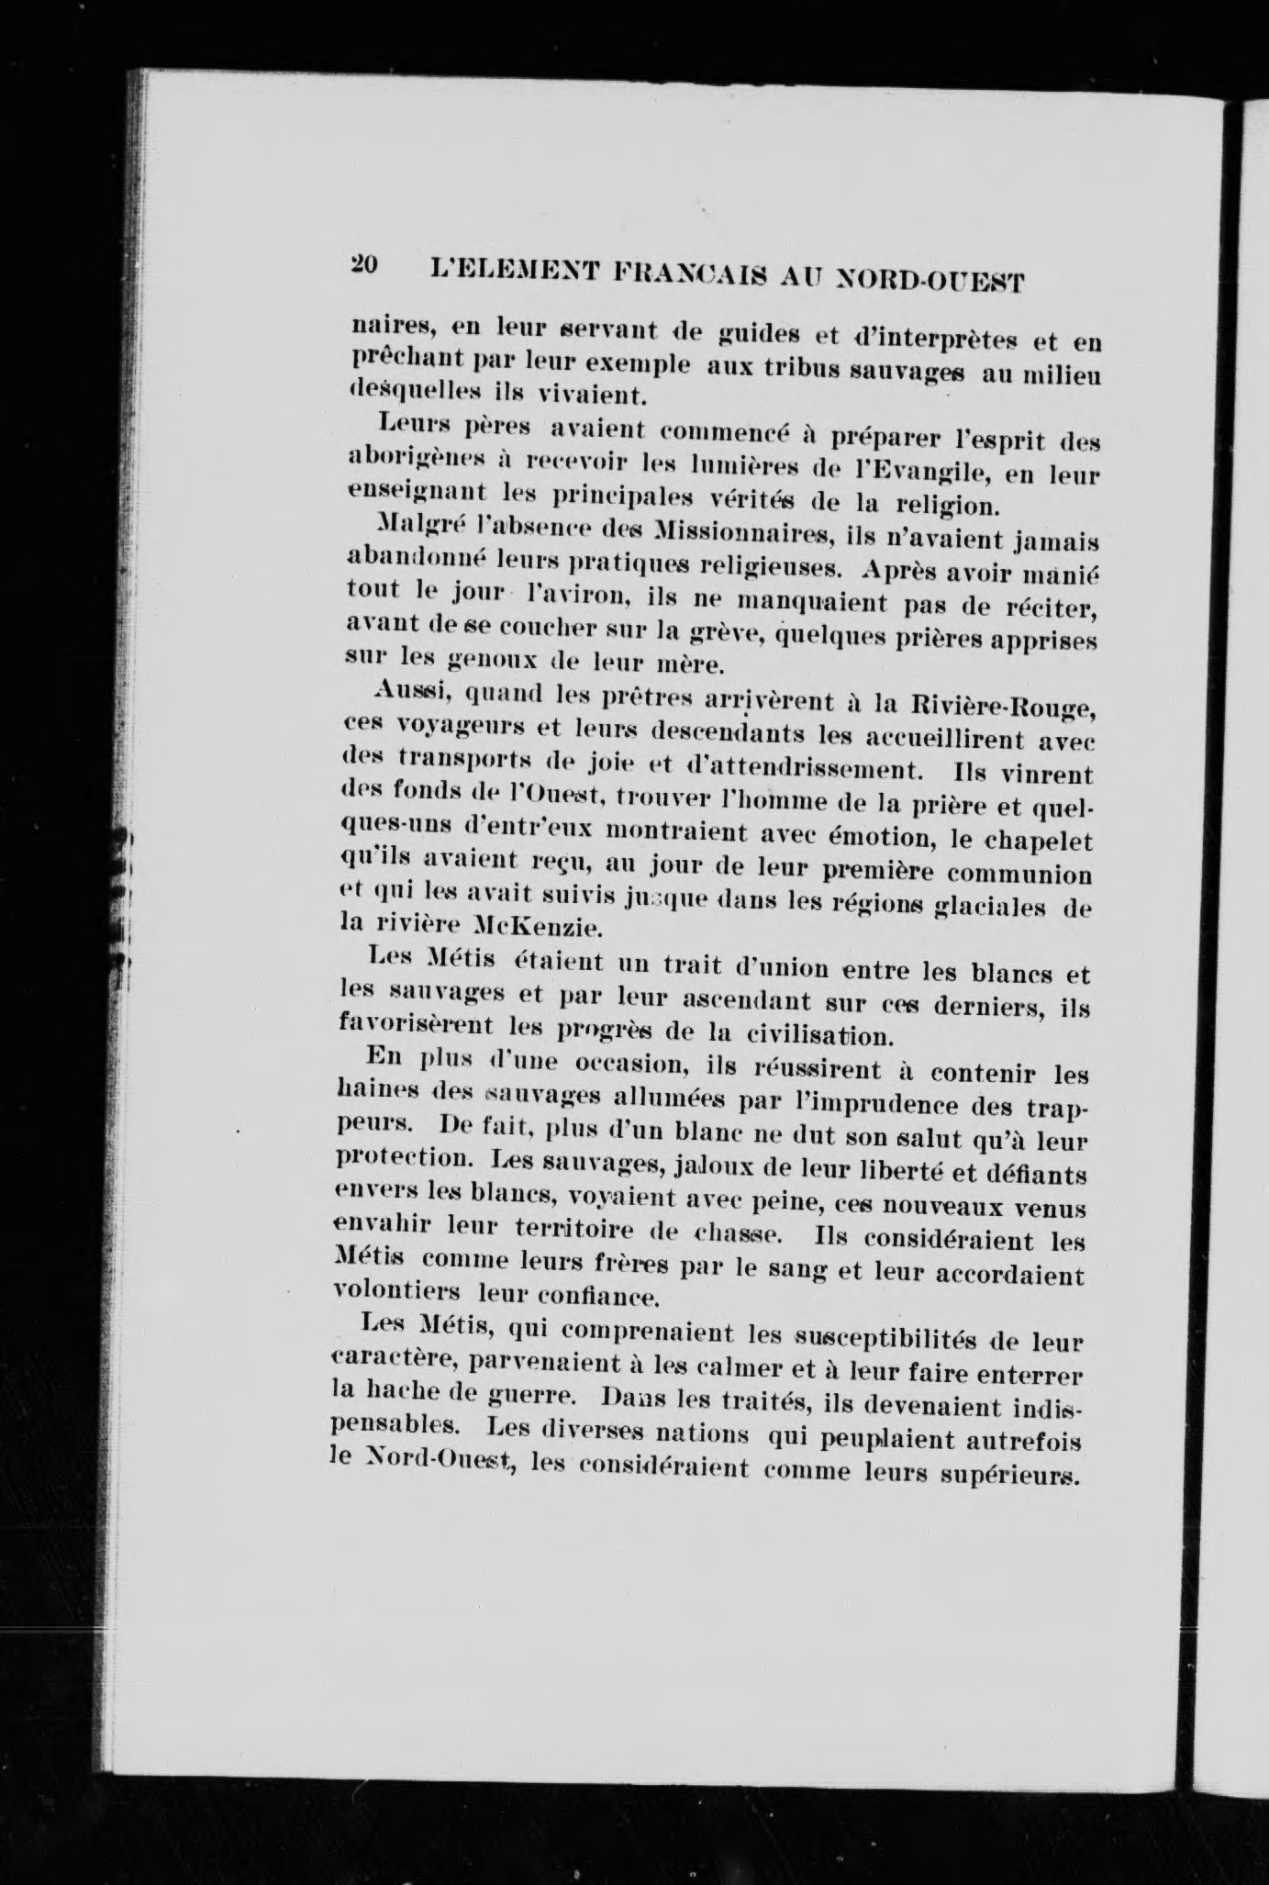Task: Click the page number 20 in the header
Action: pyautogui.click(x=363, y=264)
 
